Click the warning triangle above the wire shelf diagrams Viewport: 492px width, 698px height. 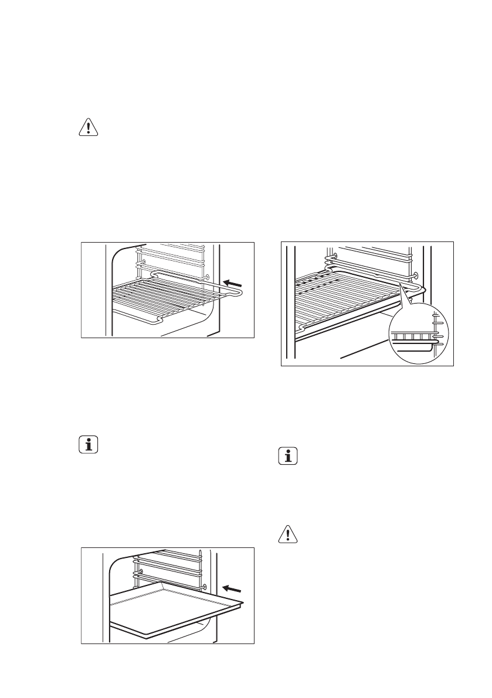click(88, 129)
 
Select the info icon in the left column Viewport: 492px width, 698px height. click(88, 445)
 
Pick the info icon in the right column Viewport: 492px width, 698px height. click(287, 456)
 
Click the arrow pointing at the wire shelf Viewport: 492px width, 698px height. click(234, 284)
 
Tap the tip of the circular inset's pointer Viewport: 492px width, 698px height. click(400, 283)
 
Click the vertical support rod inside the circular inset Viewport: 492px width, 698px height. click(435, 328)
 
